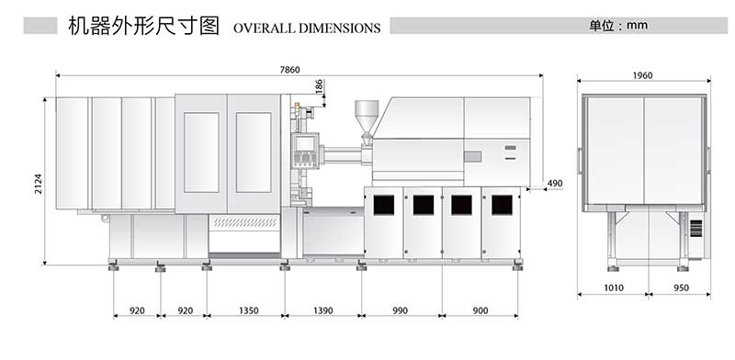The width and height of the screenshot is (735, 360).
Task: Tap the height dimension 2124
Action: click(39, 184)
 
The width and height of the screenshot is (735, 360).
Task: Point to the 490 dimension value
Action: click(553, 184)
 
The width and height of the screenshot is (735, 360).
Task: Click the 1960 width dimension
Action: click(643, 75)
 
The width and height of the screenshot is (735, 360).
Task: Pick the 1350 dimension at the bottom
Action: click(244, 311)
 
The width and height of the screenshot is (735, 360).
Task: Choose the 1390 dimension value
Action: click(322, 311)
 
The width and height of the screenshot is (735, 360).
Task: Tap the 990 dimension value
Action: click(401, 311)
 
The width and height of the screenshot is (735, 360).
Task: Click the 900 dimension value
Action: click(481, 311)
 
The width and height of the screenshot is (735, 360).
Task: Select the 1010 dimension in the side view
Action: click(613, 287)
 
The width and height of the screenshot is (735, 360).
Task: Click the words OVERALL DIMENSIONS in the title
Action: click(307, 28)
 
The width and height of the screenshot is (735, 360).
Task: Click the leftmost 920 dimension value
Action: click(137, 311)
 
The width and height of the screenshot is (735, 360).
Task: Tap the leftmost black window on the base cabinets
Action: click(383, 205)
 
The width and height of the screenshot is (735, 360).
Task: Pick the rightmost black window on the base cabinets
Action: click(502, 205)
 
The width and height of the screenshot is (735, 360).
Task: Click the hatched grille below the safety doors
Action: click(243, 222)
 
